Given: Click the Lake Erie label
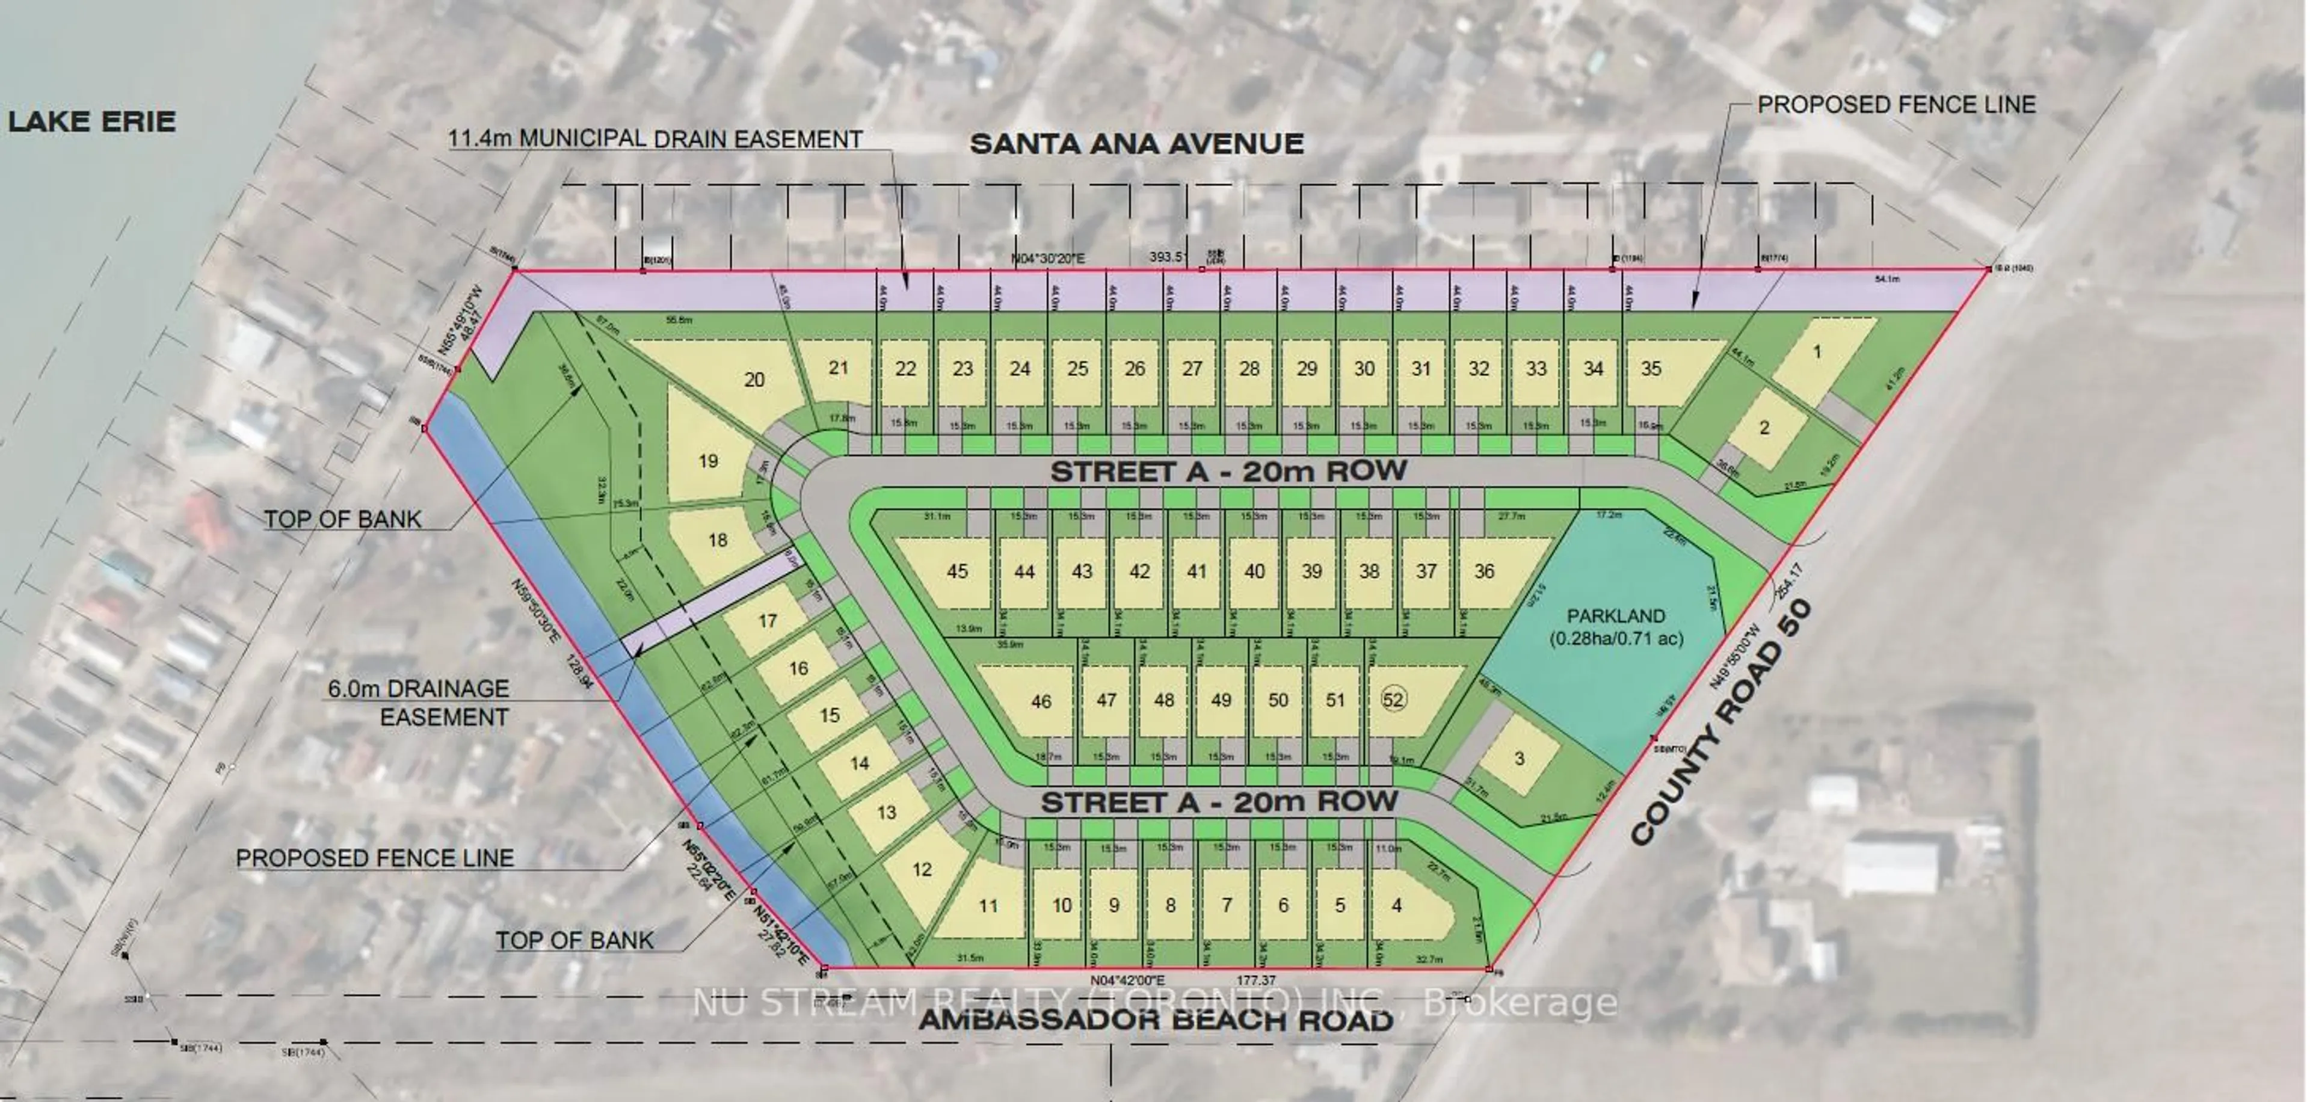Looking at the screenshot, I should [x=91, y=121].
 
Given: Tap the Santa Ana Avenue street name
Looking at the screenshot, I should [x=1136, y=144].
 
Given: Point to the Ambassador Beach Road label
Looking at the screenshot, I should [x=1156, y=1020].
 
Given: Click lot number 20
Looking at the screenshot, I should [x=754, y=380].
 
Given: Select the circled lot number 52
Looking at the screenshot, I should [x=1393, y=700].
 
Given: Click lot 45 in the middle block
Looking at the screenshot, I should [x=957, y=571].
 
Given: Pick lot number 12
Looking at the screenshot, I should [x=922, y=868].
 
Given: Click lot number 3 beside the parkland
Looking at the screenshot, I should [x=1519, y=759].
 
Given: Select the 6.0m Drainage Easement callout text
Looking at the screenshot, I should [x=419, y=703].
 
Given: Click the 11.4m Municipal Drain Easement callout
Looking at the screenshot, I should [x=656, y=139].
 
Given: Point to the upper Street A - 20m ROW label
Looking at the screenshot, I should [x=1228, y=471].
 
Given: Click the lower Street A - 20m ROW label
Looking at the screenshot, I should [x=1219, y=802].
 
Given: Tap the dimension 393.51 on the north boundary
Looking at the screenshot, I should [x=1168, y=258].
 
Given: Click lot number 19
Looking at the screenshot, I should [x=707, y=461].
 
